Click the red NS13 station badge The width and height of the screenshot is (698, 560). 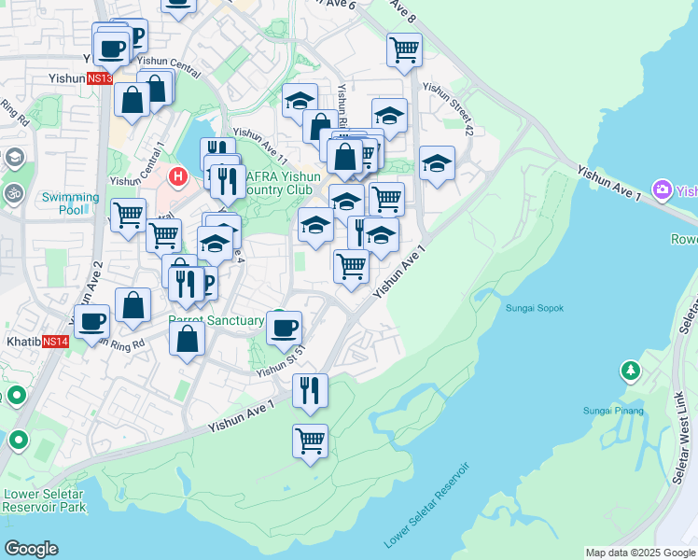pos(100,79)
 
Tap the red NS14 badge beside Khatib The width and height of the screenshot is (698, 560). pos(56,342)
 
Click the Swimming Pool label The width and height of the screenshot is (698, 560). pos(70,203)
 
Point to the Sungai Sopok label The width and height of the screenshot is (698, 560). pos(535,308)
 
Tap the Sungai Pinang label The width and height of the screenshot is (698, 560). pos(608,410)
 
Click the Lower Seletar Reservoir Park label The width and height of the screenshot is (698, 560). pos(44,500)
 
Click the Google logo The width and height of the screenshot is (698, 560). pos(31,549)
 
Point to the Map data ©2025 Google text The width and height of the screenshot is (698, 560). pos(639,553)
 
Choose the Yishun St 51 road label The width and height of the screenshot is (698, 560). pos(282,362)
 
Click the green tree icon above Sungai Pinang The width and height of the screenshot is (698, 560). pos(631,371)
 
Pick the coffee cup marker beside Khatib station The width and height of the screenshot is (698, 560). pos(91,322)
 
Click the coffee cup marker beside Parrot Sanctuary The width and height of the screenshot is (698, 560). pos(284,328)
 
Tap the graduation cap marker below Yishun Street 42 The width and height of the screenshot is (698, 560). pos(437,164)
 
